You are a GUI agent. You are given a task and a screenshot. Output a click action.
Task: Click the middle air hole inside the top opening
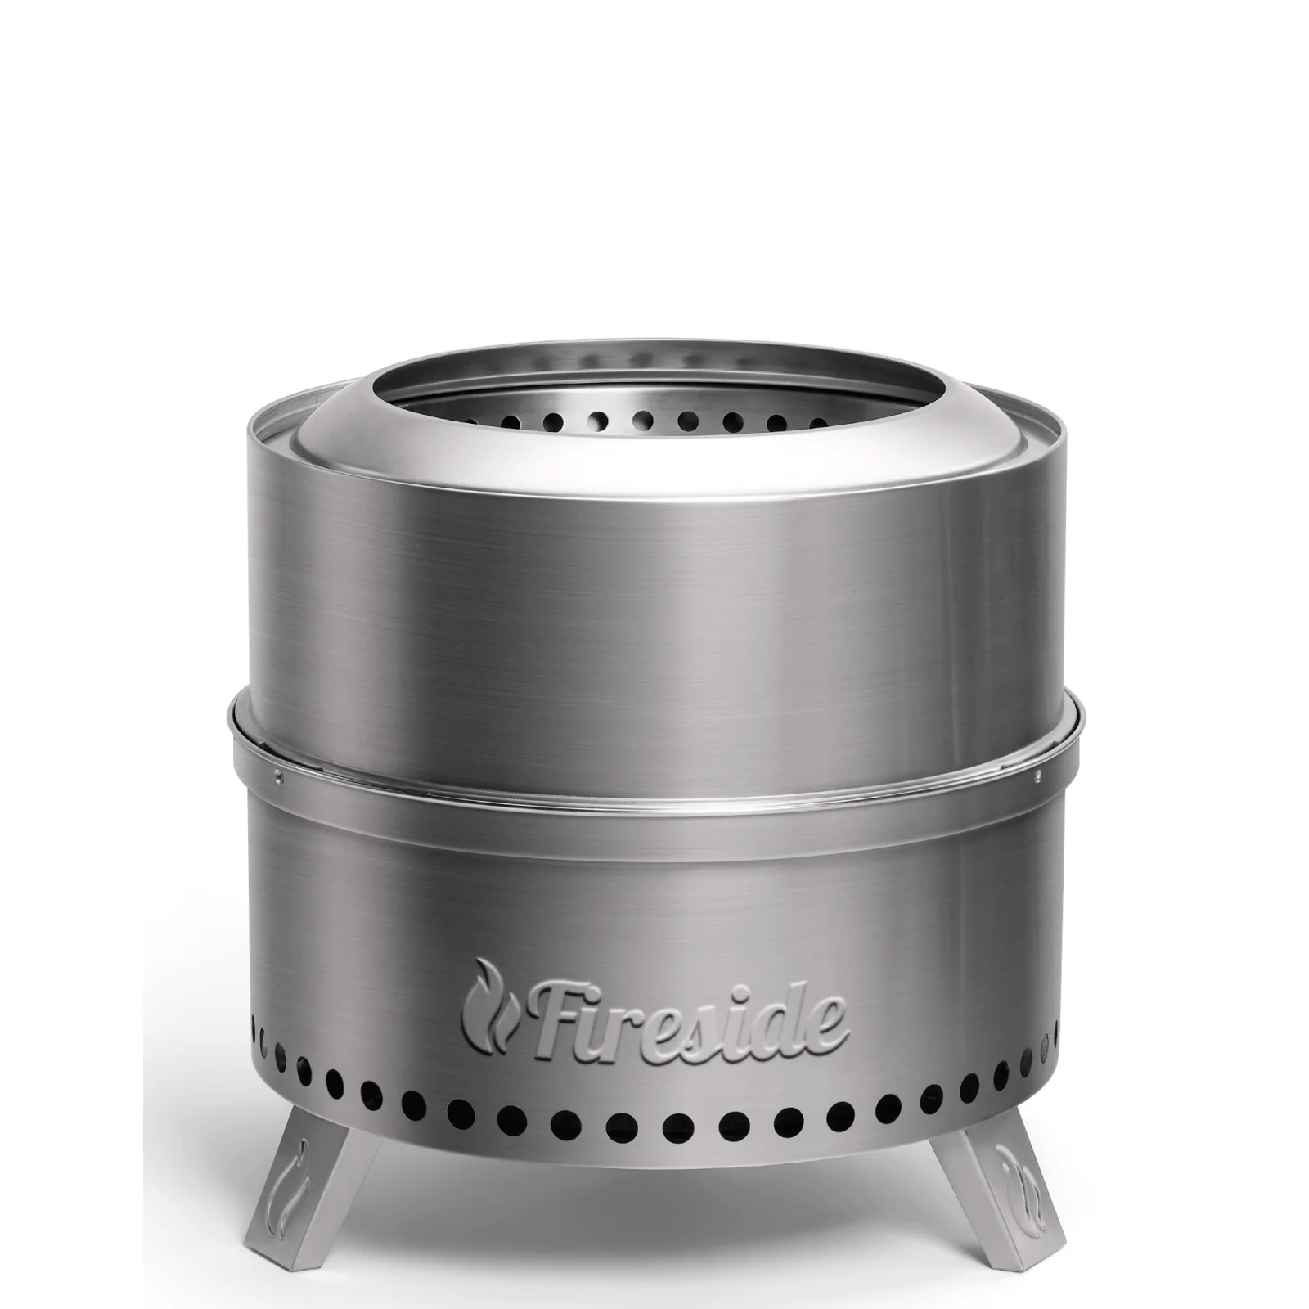pyautogui.click(x=642, y=419)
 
